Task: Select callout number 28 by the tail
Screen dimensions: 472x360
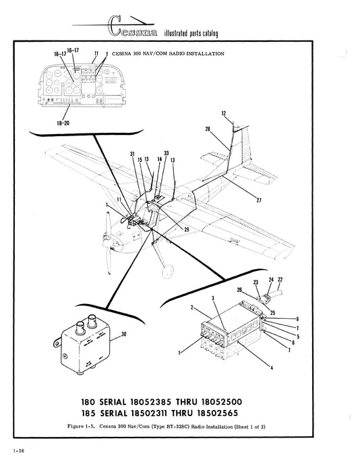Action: pyautogui.click(x=208, y=129)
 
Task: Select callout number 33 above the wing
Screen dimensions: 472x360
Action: pyautogui.click(x=166, y=153)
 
